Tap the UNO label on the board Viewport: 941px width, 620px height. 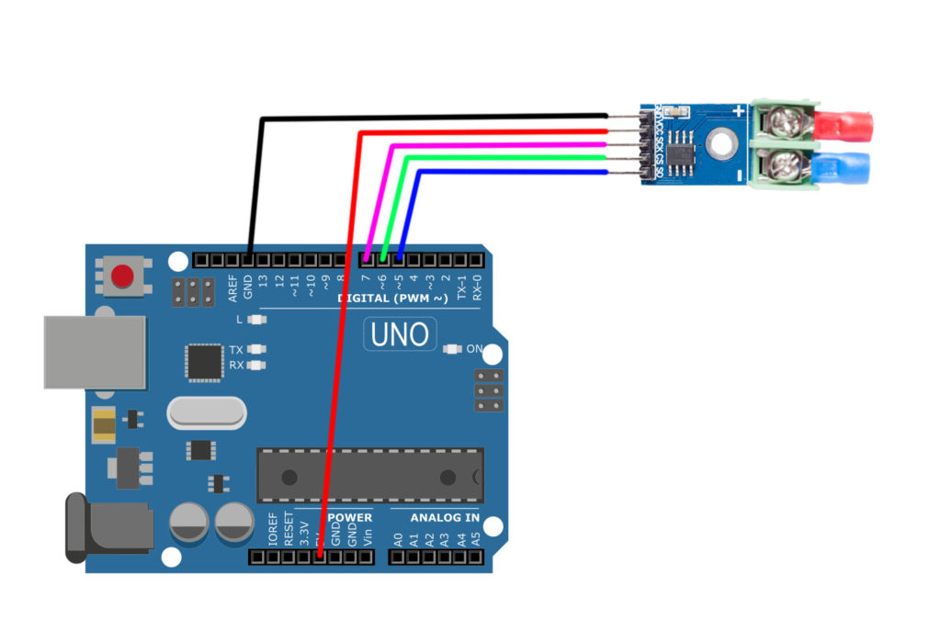tap(400, 333)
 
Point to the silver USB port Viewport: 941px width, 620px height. tap(95, 352)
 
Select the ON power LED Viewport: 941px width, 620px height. tap(451, 349)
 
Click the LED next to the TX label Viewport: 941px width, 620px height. tap(257, 350)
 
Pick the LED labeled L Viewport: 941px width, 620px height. tap(257, 320)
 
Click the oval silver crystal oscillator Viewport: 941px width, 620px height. tap(207, 413)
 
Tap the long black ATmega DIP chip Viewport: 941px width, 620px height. tap(369, 476)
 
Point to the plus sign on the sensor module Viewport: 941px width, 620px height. tap(738, 112)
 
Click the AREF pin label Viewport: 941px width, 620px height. tap(233, 290)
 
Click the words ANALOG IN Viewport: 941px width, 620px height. tap(445, 518)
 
